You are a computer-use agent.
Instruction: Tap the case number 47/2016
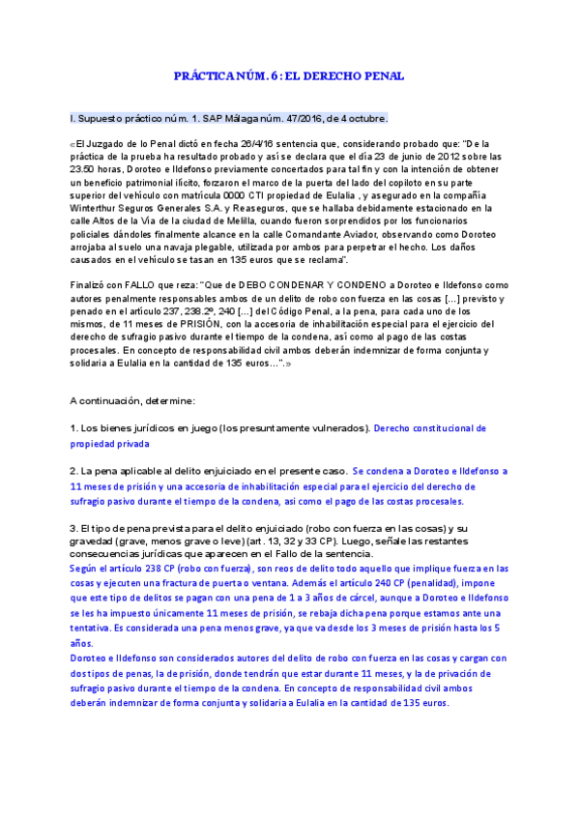coord(300,119)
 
